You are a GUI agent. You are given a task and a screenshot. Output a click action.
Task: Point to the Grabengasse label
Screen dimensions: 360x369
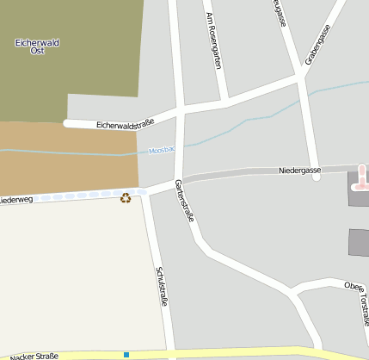317,46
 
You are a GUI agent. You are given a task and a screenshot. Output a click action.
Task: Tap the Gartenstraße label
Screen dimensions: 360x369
185,201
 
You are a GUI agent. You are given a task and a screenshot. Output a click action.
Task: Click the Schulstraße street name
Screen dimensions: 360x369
161,287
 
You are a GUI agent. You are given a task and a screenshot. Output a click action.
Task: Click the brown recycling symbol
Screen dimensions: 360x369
126,199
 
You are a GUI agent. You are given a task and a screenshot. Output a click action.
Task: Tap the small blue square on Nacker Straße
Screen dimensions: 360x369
126,354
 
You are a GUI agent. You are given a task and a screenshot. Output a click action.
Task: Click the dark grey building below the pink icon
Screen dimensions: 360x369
359,242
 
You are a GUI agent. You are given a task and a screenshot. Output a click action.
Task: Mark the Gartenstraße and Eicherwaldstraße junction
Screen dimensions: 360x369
181,112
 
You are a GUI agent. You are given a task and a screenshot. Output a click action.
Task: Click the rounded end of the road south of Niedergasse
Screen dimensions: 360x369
317,177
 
